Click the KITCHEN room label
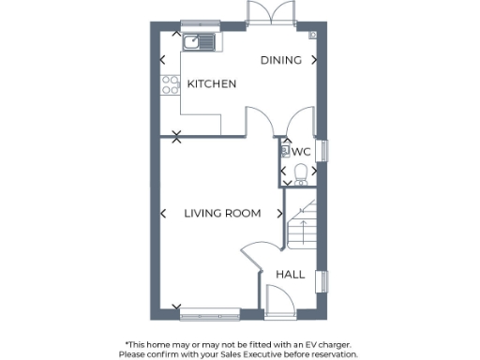(211, 84)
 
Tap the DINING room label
(280, 60)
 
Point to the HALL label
(290, 275)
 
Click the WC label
(301, 151)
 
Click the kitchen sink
(199, 41)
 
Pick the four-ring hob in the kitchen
(171, 85)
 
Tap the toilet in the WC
(300, 172)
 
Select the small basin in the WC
(283, 150)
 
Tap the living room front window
(208, 312)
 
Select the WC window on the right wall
(326, 150)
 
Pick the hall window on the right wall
(326, 280)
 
